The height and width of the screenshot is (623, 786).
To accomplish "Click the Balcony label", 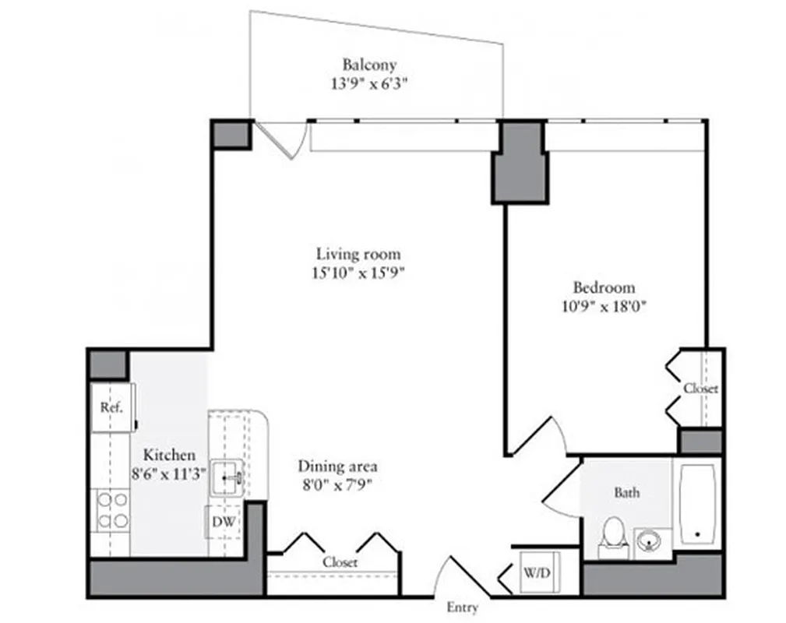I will point(369,65).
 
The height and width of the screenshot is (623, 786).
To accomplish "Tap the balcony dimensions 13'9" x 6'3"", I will point(369,83).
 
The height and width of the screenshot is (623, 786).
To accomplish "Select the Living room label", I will point(358,254).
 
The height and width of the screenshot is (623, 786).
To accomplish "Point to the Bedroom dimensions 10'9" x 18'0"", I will point(604,306).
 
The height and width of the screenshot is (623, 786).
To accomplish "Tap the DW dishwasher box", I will point(226,522).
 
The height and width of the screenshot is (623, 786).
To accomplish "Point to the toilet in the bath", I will point(615,536).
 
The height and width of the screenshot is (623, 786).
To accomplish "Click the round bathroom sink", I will point(651,539).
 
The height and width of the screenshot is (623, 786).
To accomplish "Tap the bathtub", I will point(697,505).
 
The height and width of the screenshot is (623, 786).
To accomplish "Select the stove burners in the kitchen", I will point(111,511).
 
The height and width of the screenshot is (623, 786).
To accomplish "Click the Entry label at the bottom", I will point(462,607).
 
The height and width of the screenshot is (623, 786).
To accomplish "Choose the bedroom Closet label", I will point(701,388).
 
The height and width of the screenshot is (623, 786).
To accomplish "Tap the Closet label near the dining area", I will point(340,561).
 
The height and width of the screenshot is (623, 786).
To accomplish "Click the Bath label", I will point(627,492).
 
